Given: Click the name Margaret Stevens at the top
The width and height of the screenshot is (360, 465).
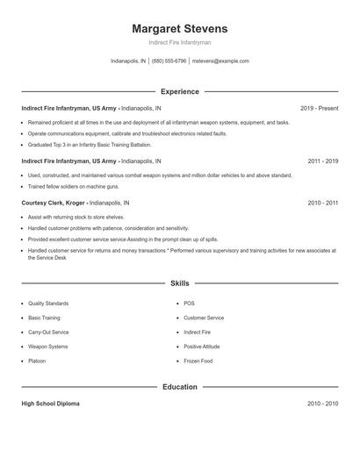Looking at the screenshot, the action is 179,28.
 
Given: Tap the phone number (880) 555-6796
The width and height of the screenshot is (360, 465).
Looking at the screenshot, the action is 169,61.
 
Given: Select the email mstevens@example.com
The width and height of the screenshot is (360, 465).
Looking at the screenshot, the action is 220,61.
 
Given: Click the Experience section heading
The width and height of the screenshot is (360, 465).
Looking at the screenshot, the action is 179,91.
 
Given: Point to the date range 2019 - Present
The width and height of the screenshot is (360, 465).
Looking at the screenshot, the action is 319,108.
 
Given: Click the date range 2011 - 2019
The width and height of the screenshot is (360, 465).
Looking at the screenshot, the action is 323,161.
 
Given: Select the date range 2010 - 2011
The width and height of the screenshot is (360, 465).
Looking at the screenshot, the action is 323,203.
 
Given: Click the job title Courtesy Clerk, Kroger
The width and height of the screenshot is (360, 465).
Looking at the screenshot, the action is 59,203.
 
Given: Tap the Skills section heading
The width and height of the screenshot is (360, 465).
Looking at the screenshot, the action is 179,283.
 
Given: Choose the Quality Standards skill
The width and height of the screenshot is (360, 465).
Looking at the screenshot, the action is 48,304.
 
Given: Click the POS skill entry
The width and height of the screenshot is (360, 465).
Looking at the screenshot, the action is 189,304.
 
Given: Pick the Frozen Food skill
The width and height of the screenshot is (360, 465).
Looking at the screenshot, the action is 198,361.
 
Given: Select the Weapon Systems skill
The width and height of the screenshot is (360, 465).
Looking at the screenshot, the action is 47,347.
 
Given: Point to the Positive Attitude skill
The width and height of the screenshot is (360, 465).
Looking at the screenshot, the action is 203,347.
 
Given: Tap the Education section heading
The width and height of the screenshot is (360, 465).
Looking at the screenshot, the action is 179,387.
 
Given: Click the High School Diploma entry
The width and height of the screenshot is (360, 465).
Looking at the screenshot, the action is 50,404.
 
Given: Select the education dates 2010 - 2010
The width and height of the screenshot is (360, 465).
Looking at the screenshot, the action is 323,404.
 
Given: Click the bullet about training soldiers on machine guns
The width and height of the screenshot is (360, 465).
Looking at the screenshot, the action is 73,186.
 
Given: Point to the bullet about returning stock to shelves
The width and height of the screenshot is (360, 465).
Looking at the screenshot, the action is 77,216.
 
